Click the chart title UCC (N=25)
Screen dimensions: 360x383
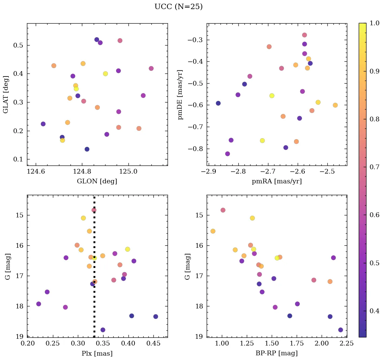(x=178, y=7)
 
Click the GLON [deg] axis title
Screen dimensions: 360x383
(x=97, y=181)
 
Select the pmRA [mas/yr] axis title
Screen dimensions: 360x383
(x=277, y=181)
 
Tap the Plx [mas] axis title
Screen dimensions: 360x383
(x=97, y=354)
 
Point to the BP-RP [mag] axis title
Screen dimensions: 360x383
(x=277, y=354)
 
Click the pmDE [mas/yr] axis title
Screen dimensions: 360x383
(x=180, y=95)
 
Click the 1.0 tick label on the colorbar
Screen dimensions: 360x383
(x=375, y=23)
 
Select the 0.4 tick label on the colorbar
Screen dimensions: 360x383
(x=375, y=311)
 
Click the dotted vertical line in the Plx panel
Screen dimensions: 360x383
(x=94, y=303)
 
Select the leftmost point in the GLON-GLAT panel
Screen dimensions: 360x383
(x=43, y=124)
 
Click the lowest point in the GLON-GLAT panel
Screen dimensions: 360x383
(x=87, y=149)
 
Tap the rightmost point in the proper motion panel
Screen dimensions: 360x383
(x=335, y=105)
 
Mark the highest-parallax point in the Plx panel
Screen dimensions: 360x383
(x=155, y=317)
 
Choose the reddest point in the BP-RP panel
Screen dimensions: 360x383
(x=341, y=330)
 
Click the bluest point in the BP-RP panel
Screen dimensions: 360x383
(x=213, y=231)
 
